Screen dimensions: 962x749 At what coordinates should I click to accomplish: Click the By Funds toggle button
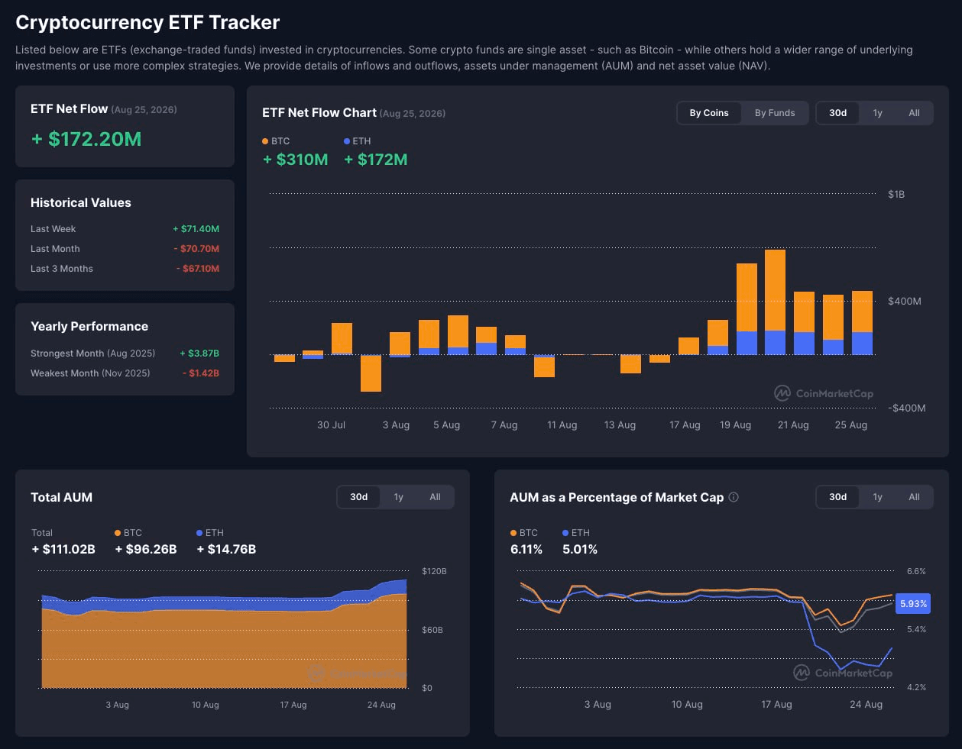(x=775, y=113)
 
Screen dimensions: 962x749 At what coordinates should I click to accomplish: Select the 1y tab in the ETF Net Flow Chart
(x=877, y=113)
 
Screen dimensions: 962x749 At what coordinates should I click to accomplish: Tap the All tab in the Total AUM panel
(x=435, y=497)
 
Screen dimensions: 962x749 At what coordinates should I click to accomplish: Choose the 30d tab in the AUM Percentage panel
(x=837, y=497)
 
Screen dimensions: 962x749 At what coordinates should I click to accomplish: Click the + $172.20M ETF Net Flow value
(x=86, y=139)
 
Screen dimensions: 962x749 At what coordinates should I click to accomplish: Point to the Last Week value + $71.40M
(x=196, y=228)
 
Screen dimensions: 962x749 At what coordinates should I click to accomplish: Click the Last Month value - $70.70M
(x=196, y=248)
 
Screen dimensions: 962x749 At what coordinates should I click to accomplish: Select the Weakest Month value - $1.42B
(x=200, y=373)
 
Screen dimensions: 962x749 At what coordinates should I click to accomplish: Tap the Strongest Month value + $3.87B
(x=199, y=353)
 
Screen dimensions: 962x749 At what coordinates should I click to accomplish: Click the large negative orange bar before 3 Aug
(x=371, y=373)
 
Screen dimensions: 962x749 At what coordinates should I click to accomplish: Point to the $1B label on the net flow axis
(x=896, y=194)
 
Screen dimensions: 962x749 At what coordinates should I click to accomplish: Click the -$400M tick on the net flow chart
(x=906, y=408)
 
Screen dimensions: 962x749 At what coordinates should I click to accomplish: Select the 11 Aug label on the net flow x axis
(x=562, y=425)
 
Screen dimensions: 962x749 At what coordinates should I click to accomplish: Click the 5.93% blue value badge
(x=913, y=603)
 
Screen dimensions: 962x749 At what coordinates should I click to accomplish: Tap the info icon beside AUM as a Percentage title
(x=734, y=497)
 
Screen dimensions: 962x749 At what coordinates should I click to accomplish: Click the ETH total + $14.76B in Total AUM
(x=226, y=549)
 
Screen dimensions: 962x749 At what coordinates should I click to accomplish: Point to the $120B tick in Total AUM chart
(x=434, y=571)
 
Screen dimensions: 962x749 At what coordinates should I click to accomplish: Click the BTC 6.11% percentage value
(x=526, y=549)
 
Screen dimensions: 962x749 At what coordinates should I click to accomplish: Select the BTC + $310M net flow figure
(x=295, y=159)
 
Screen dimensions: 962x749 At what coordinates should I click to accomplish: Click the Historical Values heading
(x=80, y=202)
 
